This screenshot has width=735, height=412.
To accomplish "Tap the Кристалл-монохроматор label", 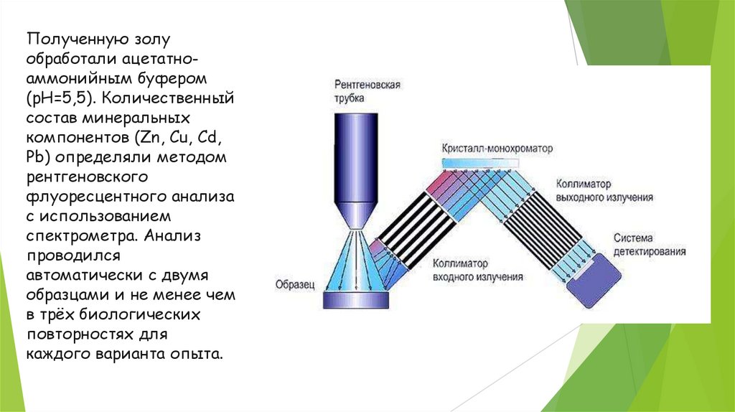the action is (x=498, y=149).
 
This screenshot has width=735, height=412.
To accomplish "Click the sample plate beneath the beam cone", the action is (x=355, y=299).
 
